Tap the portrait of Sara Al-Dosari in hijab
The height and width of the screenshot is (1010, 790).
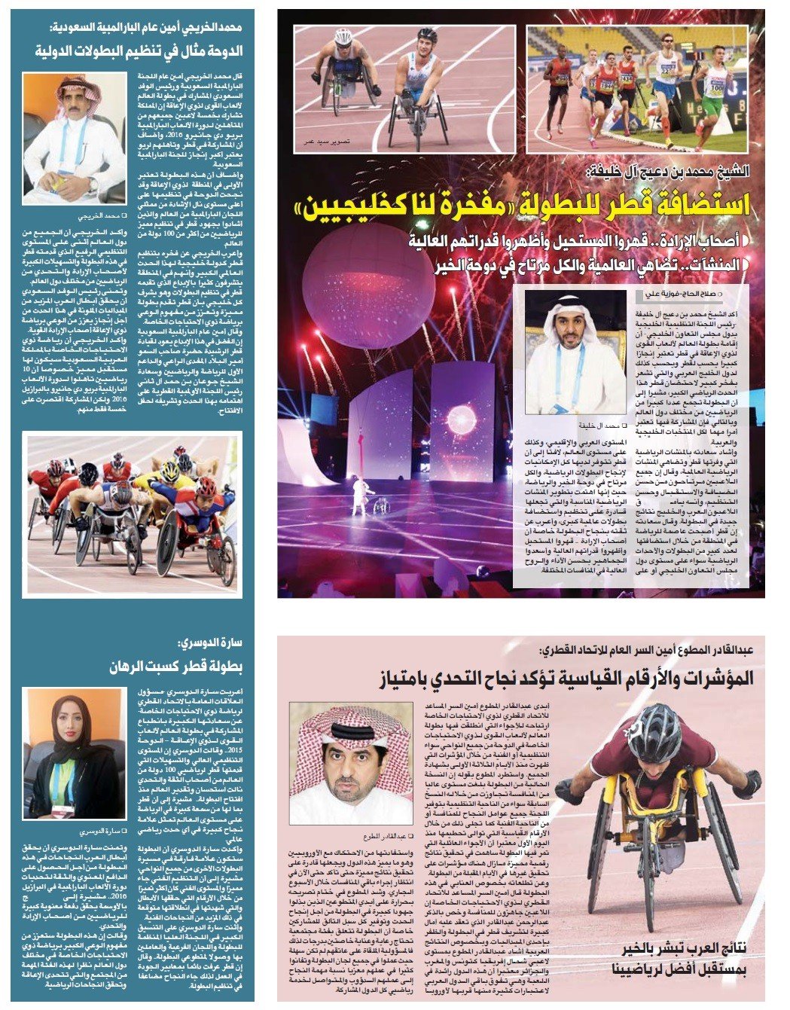click(73, 752)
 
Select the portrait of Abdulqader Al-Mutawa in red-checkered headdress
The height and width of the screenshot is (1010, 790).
click(350, 761)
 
